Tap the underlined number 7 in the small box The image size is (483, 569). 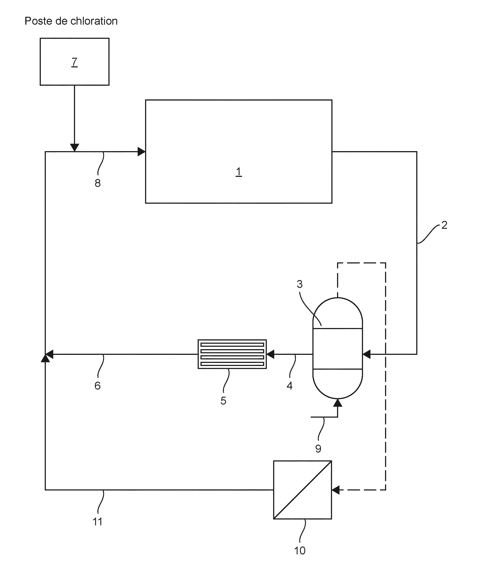pos(74,62)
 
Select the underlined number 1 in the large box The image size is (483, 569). pos(238,172)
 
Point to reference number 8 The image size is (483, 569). pos(98,183)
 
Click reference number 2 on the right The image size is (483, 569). pos(444,225)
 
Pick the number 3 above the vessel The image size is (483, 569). pos(300,284)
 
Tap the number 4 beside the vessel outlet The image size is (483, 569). pos(290,386)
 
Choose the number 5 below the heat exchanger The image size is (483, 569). pos(223,401)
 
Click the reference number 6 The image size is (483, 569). pos(98,386)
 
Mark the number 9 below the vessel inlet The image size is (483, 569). pos(318,449)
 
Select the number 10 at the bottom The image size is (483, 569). pos(300,551)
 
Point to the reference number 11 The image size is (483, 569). pos(98,522)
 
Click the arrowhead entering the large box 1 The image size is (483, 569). pos(141,152)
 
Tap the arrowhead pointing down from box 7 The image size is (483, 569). pos(74,147)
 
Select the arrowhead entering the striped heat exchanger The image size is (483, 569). pos(271,354)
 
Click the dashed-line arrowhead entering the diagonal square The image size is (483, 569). pos(336,490)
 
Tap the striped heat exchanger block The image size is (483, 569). pos(232,354)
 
